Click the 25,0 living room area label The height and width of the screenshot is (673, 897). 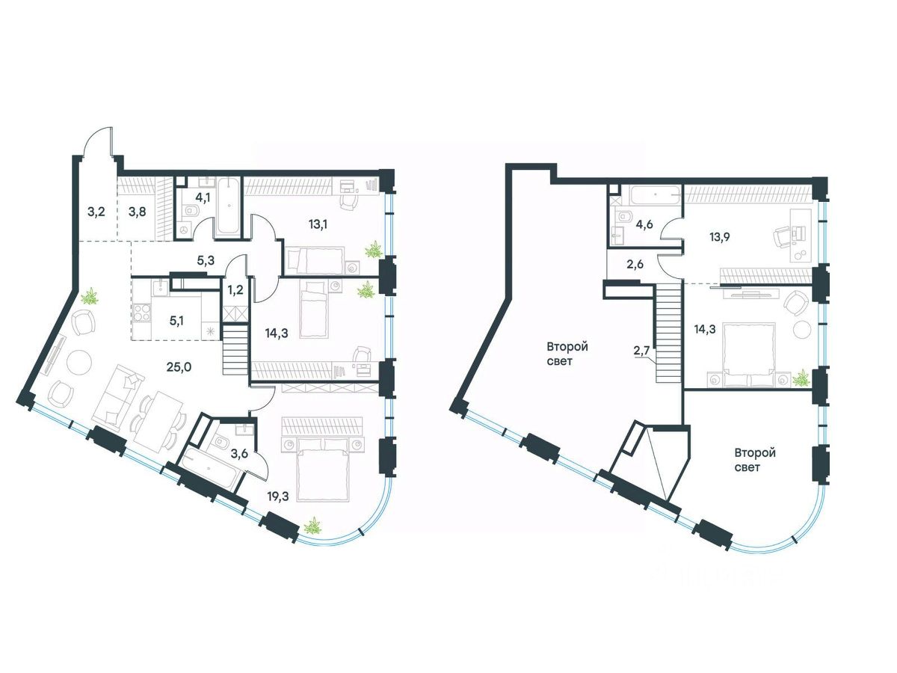(179, 367)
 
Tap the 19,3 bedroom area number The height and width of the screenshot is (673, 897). (277, 496)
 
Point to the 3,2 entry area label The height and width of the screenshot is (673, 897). (96, 212)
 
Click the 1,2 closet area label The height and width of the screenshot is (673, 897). (235, 289)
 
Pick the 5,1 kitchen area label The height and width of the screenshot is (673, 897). (176, 321)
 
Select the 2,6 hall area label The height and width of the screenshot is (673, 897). (635, 264)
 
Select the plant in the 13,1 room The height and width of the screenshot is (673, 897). (373, 250)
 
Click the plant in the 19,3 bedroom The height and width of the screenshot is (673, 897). (314, 526)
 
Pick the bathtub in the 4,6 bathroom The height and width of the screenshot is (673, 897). (655, 196)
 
